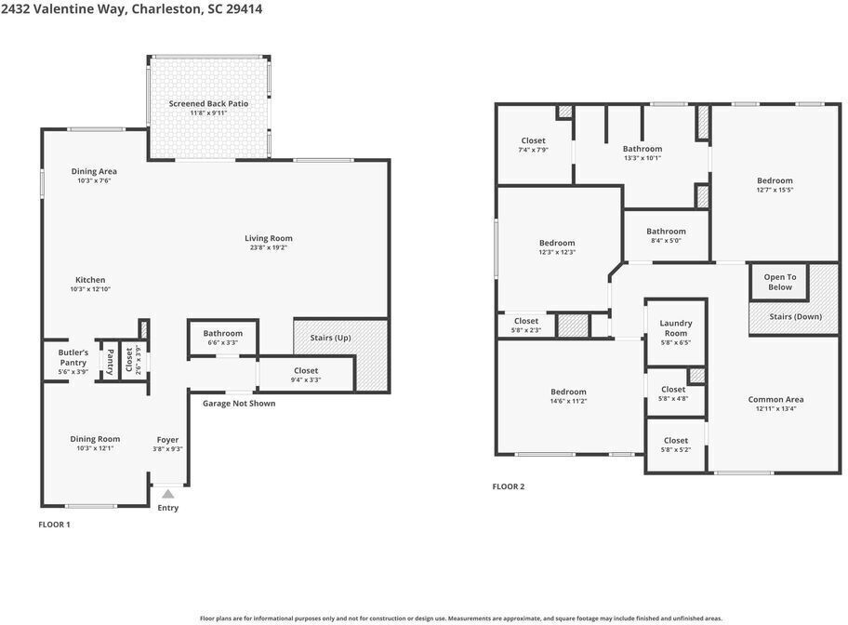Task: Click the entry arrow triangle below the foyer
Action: click(168, 494)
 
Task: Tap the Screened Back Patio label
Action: click(209, 103)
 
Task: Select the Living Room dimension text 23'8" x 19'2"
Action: click(268, 247)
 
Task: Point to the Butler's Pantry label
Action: click(73, 357)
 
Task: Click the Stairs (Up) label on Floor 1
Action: click(330, 338)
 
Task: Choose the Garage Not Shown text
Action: click(239, 403)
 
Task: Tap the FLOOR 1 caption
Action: click(54, 525)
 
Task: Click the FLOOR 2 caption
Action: click(509, 486)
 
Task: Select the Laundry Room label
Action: click(676, 328)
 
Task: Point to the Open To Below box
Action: click(780, 282)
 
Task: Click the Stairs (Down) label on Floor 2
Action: click(796, 316)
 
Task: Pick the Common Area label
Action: click(776, 399)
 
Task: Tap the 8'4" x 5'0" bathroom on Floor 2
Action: click(667, 235)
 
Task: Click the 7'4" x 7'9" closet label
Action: click(533, 145)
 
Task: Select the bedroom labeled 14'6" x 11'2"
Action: click(568, 396)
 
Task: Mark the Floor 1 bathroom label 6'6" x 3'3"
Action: click(223, 338)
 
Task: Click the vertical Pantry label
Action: click(110, 362)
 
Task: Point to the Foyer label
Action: click(167, 440)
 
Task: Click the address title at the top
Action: click(131, 9)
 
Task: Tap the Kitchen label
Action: click(90, 280)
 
